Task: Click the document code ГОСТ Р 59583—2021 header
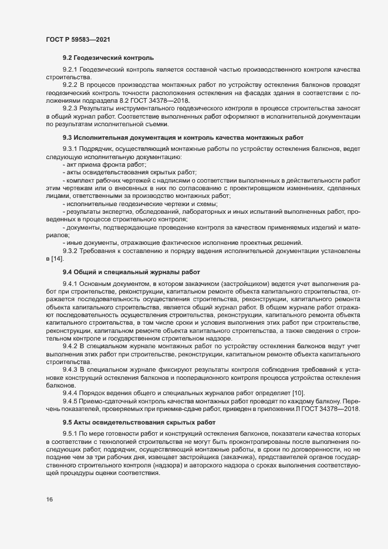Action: click(77, 39)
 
